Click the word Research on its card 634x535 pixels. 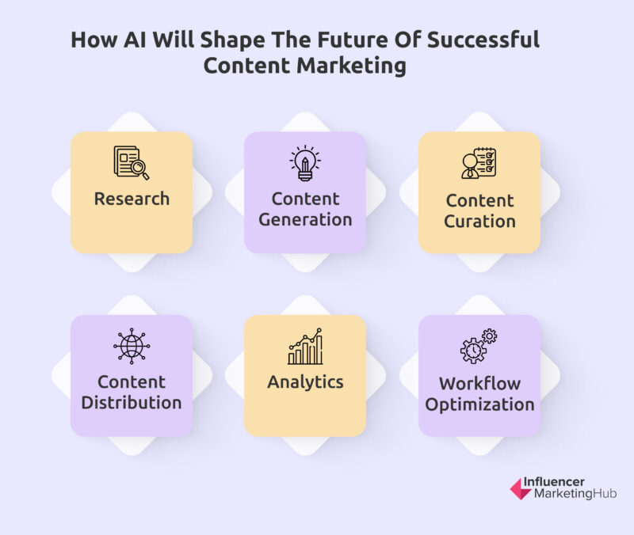[x=132, y=199]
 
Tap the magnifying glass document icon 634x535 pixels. [x=132, y=162]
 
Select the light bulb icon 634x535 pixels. [x=305, y=163]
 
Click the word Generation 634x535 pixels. [x=305, y=220]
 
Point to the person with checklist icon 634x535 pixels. [x=479, y=163]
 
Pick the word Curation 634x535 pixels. [x=479, y=222]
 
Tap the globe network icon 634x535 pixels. [x=132, y=346]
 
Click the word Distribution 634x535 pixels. [x=132, y=403]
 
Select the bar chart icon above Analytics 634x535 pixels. [x=305, y=347]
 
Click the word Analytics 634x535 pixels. [x=305, y=382]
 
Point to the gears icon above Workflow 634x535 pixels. [x=479, y=346]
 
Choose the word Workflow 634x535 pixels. [x=479, y=384]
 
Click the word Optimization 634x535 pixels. [x=479, y=404]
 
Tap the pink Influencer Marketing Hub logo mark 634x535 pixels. [x=521, y=488]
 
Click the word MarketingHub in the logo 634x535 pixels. [x=575, y=493]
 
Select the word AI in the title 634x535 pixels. [x=135, y=40]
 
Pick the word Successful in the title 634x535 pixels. [x=483, y=40]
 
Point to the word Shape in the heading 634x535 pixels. [x=232, y=40]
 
